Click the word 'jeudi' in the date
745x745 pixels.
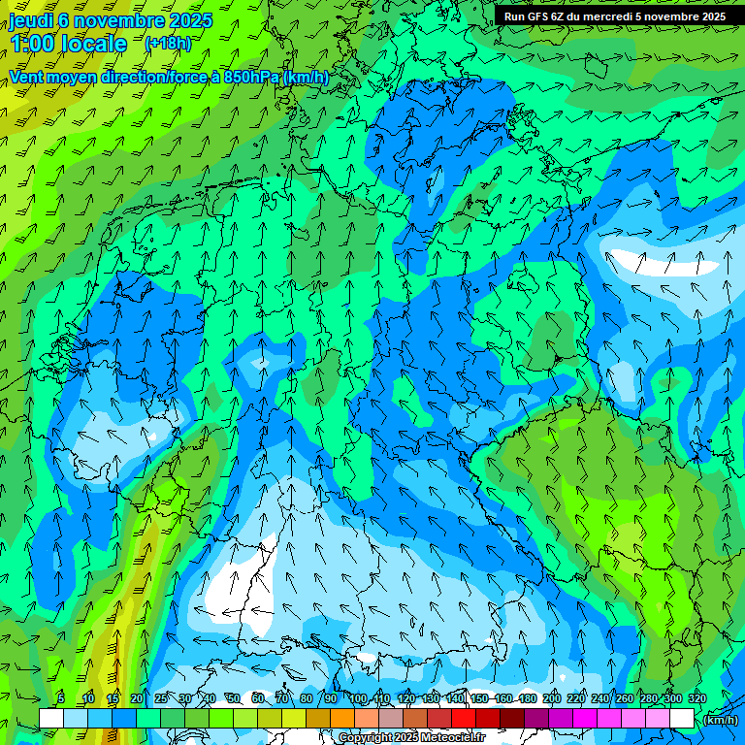point(30,20)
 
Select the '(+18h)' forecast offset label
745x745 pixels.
point(168,44)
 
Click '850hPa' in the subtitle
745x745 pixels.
point(252,77)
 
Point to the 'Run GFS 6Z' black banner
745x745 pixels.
point(614,16)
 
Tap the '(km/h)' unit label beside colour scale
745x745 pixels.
point(719,720)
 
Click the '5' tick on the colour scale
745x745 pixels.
point(61,698)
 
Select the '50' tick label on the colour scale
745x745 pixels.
point(233,698)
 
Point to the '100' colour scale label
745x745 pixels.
point(357,698)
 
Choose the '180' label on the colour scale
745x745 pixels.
point(527,698)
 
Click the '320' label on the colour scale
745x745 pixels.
point(697,698)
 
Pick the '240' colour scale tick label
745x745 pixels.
point(600,698)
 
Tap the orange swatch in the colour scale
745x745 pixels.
point(342,718)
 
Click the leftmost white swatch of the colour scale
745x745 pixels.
point(51,718)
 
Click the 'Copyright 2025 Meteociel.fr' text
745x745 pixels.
point(412,737)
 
